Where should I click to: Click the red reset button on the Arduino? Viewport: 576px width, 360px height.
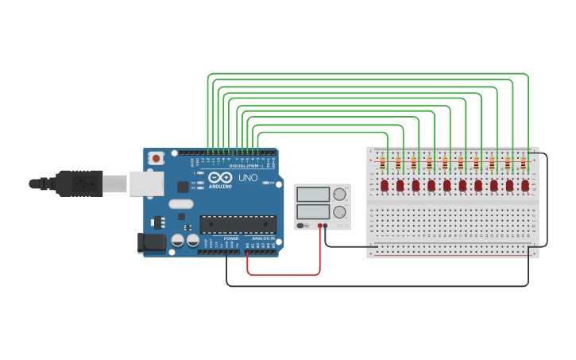click(156, 158)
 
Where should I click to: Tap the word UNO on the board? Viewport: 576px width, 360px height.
click(247, 178)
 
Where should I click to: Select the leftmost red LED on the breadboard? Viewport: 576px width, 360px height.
click(385, 185)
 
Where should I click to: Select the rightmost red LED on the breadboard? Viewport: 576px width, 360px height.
click(525, 185)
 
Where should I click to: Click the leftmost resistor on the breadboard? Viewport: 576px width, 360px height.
click(382, 164)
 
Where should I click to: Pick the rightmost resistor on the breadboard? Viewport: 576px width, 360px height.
click(523, 164)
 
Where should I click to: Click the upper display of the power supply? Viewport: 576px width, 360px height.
click(312, 194)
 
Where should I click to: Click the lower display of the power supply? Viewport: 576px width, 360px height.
click(312, 211)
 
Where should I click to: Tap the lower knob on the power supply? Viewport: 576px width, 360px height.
click(340, 212)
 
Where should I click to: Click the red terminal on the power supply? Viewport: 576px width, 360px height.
click(319, 226)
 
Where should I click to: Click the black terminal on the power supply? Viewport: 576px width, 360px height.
click(326, 226)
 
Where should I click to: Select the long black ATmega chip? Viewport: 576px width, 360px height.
click(238, 225)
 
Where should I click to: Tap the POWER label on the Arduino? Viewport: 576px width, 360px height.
click(231, 238)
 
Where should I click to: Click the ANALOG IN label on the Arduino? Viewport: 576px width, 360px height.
click(263, 238)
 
